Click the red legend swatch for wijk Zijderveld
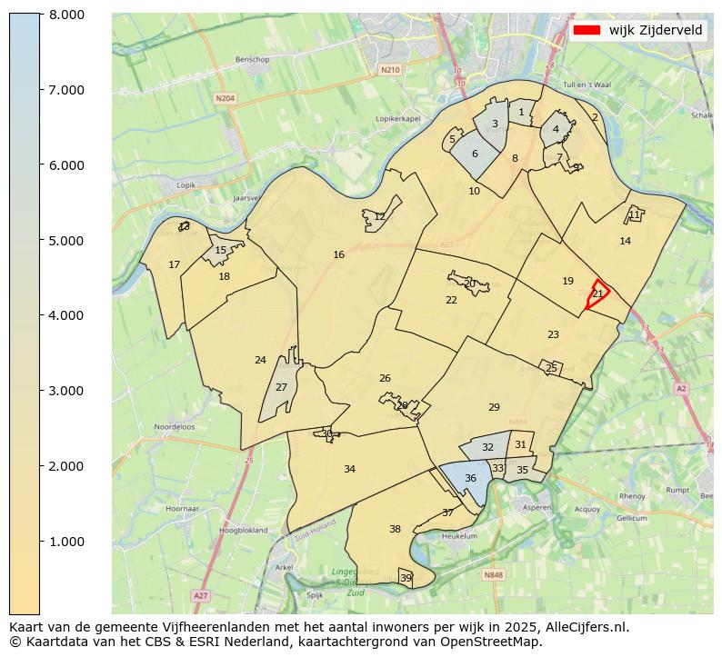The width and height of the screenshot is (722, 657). (587, 30)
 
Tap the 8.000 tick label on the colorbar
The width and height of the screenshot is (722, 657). (65, 15)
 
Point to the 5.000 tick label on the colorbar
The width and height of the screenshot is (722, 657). (65, 241)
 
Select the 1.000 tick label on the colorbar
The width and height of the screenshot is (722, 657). (65, 542)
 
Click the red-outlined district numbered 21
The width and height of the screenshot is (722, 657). (597, 294)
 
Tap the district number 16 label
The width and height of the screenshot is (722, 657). (338, 255)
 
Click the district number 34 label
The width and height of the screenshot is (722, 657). (349, 470)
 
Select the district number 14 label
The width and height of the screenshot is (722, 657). (625, 242)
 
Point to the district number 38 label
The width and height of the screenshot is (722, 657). (395, 530)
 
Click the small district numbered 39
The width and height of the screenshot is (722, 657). (406, 578)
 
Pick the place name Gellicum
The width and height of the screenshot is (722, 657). (631, 518)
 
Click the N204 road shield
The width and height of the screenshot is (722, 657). (225, 98)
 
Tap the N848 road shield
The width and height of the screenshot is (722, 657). (492, 575)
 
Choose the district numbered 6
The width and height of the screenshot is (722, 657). (475, 154)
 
